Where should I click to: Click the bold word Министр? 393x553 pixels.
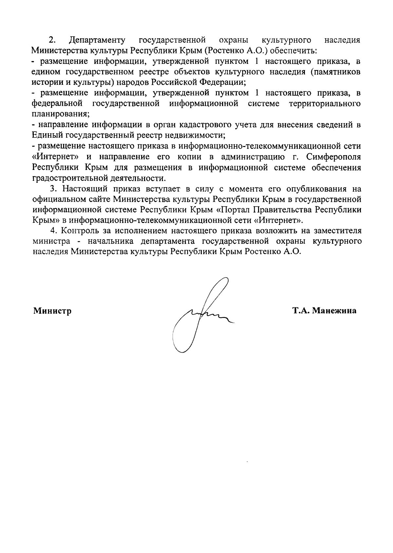pos(52,311)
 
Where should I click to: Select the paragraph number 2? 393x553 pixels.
pos(52,40)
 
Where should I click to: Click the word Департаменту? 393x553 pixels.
pos(97,40)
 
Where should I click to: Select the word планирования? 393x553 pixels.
pos(61,114)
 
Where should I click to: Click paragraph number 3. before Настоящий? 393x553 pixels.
pos(53,189)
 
